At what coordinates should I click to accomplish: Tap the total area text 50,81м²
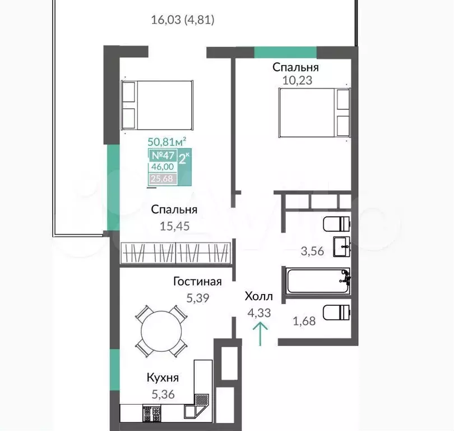(167, 142)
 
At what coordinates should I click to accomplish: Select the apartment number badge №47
(163, 155)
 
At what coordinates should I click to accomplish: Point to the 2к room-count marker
(184, 159)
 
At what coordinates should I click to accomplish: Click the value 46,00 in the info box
(163, 167)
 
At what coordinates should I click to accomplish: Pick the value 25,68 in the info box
(162, 178)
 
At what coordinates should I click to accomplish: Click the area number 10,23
(297, 80)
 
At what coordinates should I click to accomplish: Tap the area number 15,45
(174, 226)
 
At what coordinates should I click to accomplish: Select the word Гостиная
(197, 281)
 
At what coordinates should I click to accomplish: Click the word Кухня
(163, 378)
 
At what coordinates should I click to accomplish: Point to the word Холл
(259, 296)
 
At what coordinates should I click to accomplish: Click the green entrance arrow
(260, 334)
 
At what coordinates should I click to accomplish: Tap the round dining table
(161, 331)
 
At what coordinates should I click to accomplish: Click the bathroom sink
(342, 247)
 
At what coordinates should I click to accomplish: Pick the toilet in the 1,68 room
(336, 313)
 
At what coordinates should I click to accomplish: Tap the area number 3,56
(312, 251)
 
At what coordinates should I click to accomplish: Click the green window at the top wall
(285, 53)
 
